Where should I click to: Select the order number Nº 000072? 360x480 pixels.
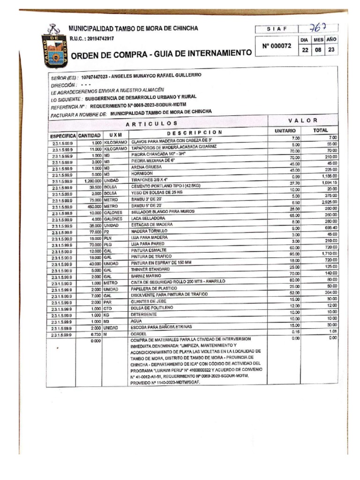point(277,46)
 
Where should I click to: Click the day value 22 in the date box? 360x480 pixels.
point(305,50)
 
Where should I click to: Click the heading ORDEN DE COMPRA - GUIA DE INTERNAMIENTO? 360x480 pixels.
point(161,54)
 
